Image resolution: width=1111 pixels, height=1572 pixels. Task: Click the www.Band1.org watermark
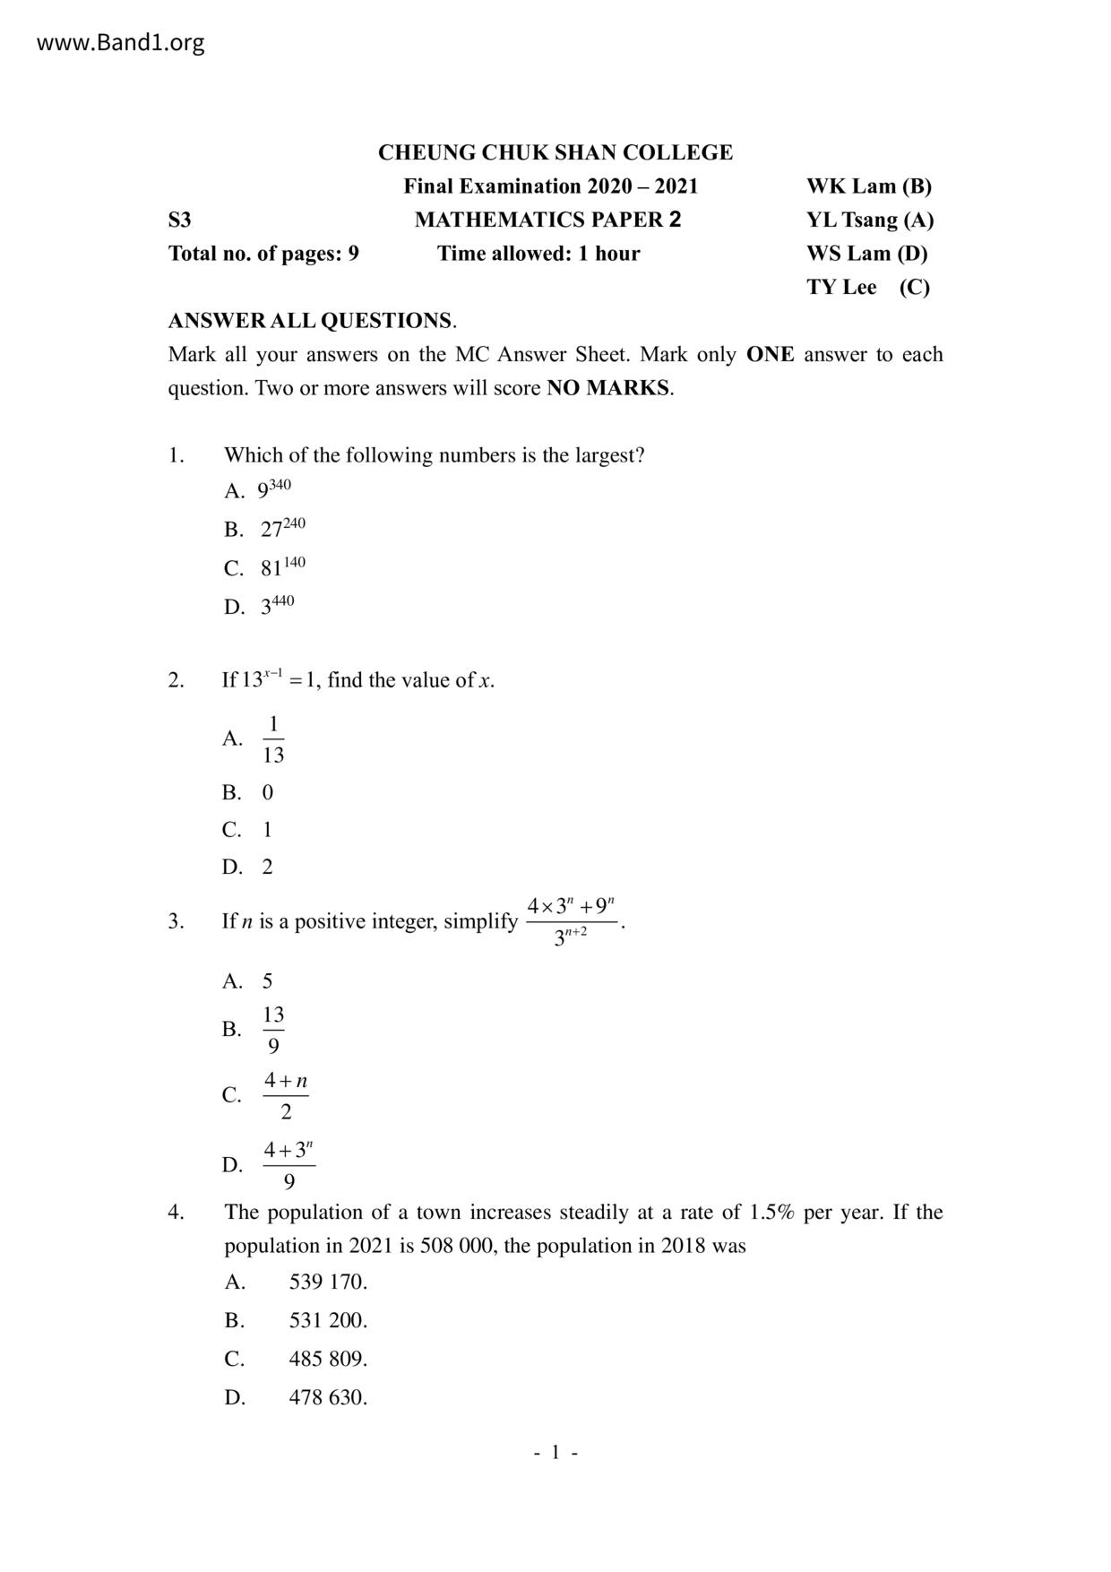pyautogui.click(x=120, y=42)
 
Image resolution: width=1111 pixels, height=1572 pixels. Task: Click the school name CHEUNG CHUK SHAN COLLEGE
pyautogui.click(x=555, y=152)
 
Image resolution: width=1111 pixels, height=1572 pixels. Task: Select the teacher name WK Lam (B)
pyautogui.click(x=868, y=186)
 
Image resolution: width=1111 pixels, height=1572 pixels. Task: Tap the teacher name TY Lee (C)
pyautogui.click(x=867, y=287)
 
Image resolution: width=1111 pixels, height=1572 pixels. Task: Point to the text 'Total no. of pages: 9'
pyautogui.click(x=263, y=254)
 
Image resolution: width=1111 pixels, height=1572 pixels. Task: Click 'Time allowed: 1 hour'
pyautogui.click(x=538, y=254)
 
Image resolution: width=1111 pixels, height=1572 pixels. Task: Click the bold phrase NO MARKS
pyautogui.click(x=607, y=388)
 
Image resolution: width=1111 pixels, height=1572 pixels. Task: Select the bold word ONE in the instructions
pyautogui.click(x=770, y=354)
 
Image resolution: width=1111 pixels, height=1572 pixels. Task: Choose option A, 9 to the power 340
pyautogui.click(x=274, y=489)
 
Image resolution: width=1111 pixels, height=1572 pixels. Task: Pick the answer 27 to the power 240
pyautogui.click(x=282, y=528)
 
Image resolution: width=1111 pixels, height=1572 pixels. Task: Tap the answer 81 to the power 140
pyautogui.click(x=282, y=566)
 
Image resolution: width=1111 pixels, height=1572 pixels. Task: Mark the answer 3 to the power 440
pyautogui.click(x=277, y=605)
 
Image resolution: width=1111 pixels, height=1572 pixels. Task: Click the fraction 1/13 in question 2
pyautogui.click(x=273, y=739)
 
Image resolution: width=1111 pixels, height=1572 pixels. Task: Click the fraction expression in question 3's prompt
pyautogui.click(x=571, y=921)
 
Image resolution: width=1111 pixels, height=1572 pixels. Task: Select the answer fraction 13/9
pyautogui.click(x=273, y=1030)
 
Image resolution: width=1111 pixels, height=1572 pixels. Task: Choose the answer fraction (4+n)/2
pyautogui.click(x=286, y=1096)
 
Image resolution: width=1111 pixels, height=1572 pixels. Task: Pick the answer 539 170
pyautogui.click(x=328, y=1282)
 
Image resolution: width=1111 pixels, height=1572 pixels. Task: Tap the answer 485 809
pyautogui.click(x=328, y=1359)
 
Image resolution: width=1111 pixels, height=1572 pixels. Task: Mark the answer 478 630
pyautogui.click(x=328, y=1397)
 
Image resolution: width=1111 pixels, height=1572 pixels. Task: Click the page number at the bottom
pyautogui.click(x=555, y=1452)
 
